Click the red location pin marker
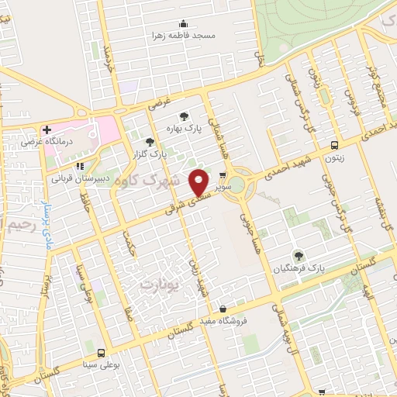[x=199, y=181]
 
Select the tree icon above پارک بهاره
[x=184, y=115]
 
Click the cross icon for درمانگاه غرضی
[x=47, y=129]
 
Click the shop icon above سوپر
[x=224, y=175]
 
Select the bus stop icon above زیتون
[x=334, y=145]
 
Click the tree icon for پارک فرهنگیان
[x=299, y=254]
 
